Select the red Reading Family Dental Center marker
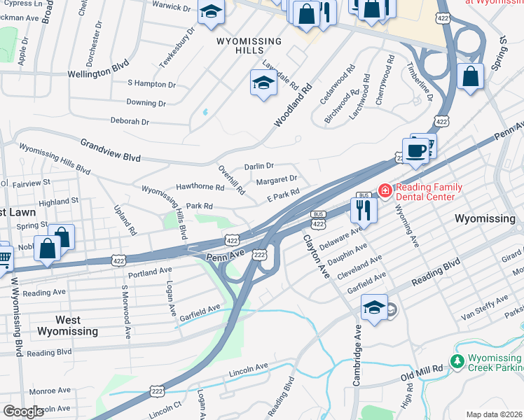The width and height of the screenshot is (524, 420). click(385, 190)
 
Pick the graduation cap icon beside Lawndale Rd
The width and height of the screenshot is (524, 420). click(263, 83)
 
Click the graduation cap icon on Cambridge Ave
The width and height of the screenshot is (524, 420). click(374, 307)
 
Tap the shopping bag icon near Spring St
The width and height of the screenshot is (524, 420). click(62, 237)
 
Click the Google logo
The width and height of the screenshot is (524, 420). click(24, 412)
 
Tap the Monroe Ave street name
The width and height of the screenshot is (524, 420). click(50, 390)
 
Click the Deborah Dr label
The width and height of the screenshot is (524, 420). click(130, 121)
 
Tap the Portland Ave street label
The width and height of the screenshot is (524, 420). click(150, 271)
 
